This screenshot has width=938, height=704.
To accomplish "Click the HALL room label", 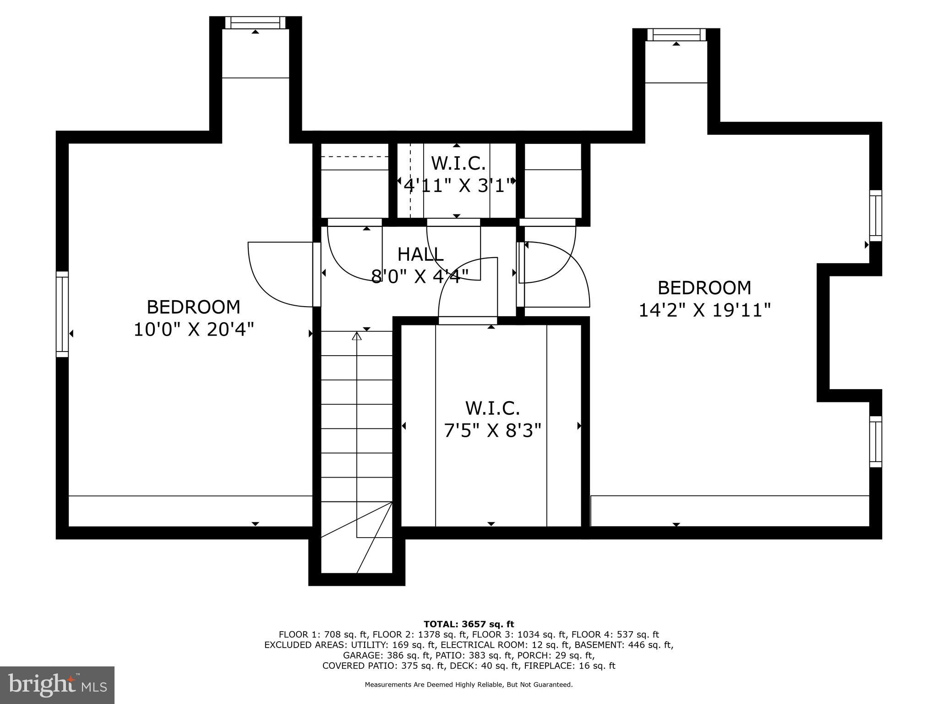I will [420, 254].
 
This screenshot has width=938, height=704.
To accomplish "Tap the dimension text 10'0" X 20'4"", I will [193, 330].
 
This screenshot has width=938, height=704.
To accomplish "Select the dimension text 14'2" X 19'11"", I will [704, 310].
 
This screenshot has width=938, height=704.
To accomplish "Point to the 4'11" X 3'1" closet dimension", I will [457, 186].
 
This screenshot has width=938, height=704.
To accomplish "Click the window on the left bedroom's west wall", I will [62, 314].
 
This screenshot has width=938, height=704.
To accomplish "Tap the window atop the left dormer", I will [255, 22].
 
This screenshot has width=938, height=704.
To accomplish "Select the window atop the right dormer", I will [676, 34].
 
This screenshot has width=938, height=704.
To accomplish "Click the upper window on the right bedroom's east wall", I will [875, 215].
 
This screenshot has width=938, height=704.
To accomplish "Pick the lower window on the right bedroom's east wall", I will [875, 441].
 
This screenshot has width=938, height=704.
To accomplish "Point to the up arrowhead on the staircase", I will [357, 336].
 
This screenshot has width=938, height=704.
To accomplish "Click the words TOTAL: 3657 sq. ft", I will [469, 624].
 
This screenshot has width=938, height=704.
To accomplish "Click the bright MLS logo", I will [57, 685].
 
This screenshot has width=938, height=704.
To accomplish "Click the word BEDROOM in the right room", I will [704, 288].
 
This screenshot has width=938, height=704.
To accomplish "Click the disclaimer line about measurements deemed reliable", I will [469, 684].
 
